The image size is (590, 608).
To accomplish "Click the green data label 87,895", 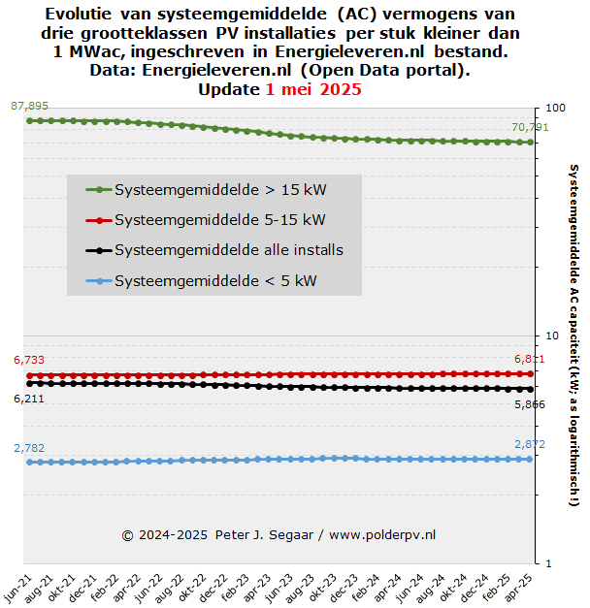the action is (29, 106).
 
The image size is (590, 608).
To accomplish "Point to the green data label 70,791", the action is (530, 127).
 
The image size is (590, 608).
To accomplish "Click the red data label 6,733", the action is (29, 360).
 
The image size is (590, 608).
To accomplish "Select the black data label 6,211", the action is (29, 399).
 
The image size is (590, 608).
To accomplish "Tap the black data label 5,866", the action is (530, 404).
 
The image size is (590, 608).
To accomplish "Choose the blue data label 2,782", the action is (29, 448).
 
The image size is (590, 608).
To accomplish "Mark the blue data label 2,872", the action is (530, 444).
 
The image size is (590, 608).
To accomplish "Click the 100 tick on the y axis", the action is (555, 108).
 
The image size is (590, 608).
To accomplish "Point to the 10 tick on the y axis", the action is (552, 336).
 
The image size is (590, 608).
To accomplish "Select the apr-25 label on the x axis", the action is (518, 589).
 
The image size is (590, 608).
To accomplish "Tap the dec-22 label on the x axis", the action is (213, 589).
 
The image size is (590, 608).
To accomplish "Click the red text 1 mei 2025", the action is (313, 89).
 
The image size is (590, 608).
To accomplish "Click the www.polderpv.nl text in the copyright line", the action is (382, 535).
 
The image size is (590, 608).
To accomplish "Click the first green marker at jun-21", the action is (29, 121).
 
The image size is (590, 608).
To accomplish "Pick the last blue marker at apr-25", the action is (530, 459).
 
